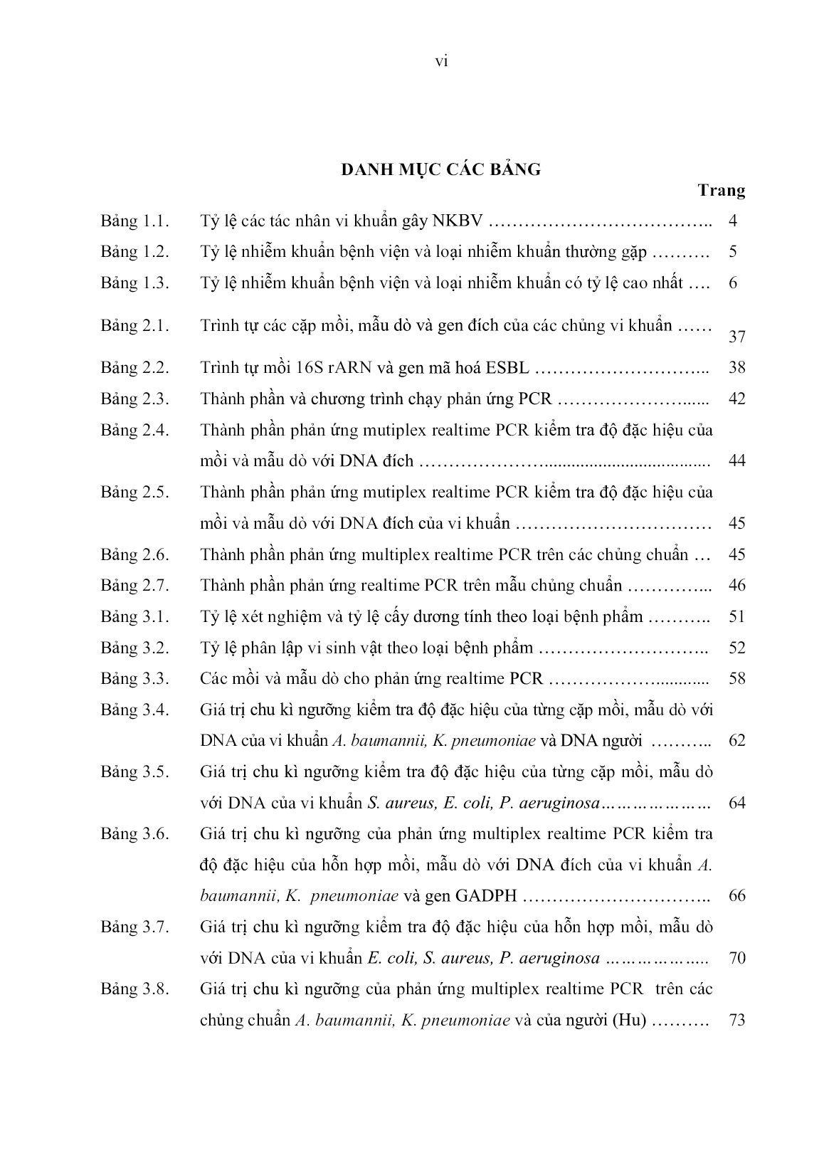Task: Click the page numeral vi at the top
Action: pos(440,62)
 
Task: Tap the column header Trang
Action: pos(722,191)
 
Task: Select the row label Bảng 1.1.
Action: pos(134,221)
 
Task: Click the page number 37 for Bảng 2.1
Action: pos(737,337)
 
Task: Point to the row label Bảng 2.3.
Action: pos(134,399)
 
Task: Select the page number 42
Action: pos(737,399)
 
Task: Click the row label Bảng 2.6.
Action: pos(134,554)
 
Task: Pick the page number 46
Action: pos(737,586)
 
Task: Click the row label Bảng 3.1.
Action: pos(134,617)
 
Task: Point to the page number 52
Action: pos(737,648)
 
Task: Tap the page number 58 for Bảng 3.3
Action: pos(737,679)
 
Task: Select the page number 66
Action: pos(737,896)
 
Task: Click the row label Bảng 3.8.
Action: pos(134,989)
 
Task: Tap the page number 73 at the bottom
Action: pos(737,1020)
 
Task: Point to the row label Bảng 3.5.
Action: pos(134,772)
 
